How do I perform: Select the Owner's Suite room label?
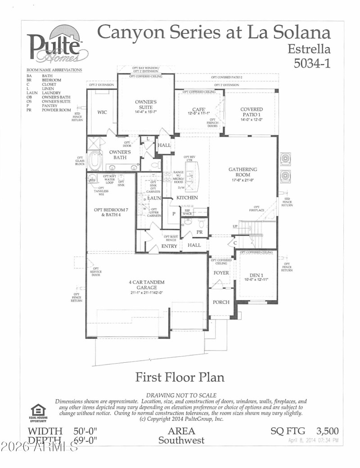click(146, 105)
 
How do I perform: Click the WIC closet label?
click(102, 112)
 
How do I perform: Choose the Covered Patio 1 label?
click(252, 112)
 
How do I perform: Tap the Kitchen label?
click(187, 198)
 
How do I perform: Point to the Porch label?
click(221, 302)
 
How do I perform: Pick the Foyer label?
click(221, 273)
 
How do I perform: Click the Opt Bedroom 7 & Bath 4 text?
click(108, 212)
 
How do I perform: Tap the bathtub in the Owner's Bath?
click(95, 161)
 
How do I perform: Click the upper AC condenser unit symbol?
click(285, 159)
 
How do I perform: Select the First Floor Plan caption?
click(180, 377)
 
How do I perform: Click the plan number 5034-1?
click(312, 63)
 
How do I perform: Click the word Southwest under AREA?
click(181, 440)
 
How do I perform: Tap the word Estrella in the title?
click(309, 49)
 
